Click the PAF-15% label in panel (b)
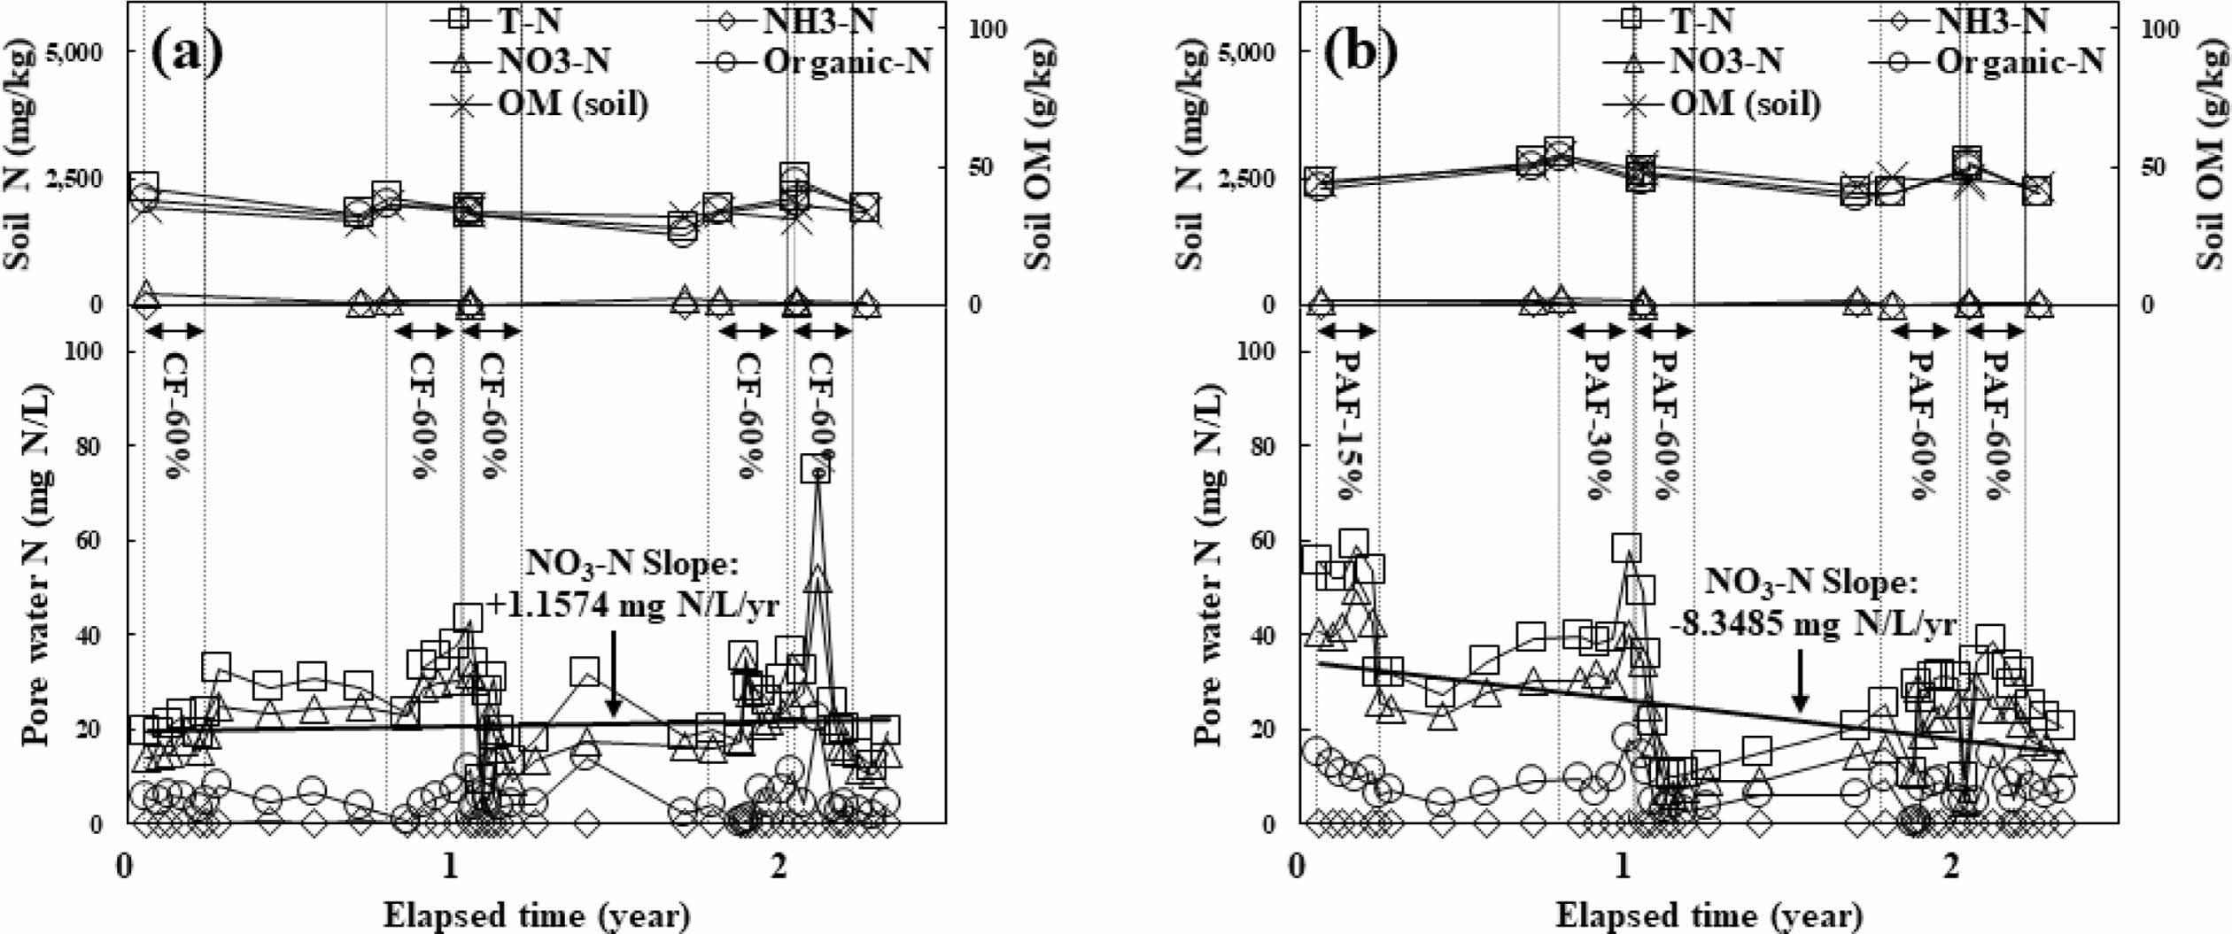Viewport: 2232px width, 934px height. [1346, 425]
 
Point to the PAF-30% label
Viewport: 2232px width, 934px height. [1596, 425]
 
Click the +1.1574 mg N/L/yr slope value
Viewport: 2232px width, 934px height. [633, 606]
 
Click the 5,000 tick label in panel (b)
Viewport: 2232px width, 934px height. [1246, 52]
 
